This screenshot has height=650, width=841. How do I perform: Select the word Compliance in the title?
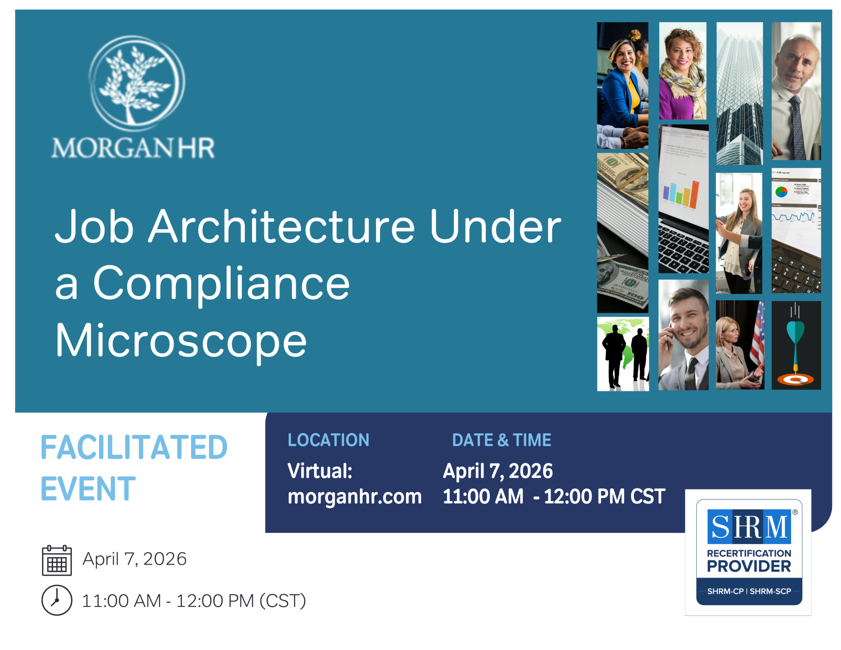(x=221, y=284)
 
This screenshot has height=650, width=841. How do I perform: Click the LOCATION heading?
(x=329, y=440)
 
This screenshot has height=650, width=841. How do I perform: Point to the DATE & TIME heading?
(x=502, y=440)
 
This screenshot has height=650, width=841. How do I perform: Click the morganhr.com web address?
(x=355, y=496)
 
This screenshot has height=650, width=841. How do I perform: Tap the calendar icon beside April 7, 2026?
(x=57, y=560)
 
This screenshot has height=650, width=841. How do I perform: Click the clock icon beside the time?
(x=57, y=600)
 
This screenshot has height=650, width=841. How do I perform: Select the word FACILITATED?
(x=134, y=447)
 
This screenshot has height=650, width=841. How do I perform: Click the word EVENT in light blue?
(x=88, y=489)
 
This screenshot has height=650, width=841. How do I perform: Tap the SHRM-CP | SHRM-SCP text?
(x=749, y=592)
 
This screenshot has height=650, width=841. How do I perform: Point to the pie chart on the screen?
(x=781, y=192)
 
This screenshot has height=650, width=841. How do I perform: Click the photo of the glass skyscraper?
(x=739, y=94)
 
